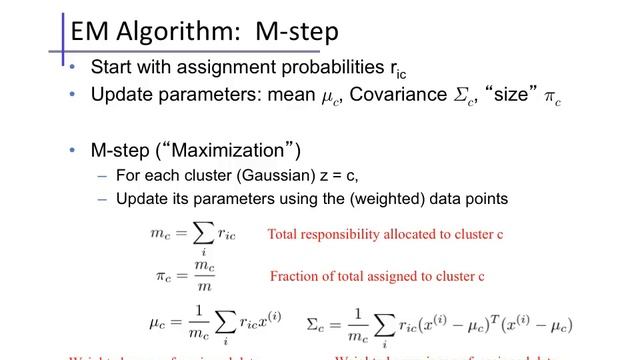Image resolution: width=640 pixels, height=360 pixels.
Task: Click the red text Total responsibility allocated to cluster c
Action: pos(385,235)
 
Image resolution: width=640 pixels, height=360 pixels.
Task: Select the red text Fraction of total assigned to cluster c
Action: pos(378,276)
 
